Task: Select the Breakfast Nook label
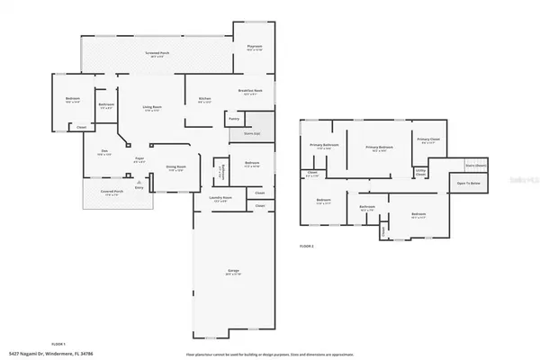pyautogui.click(x=251, y=92)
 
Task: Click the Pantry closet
pyautogui.click(x=234, y=117)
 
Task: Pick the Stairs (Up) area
pyautogui.click(x=251, y=133)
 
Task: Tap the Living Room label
pyautogui.click(x=152, y=107)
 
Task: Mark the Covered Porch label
pyautogui.click(x=107, y=193)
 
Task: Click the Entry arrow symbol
pyautogui.click(x=138, y=181)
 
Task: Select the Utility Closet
pyautogui.click(x=420, y=171)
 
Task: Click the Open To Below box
pyautogui.click(x=469, y=183)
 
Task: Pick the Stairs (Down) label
pyautogui.click(x=476, y=166)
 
